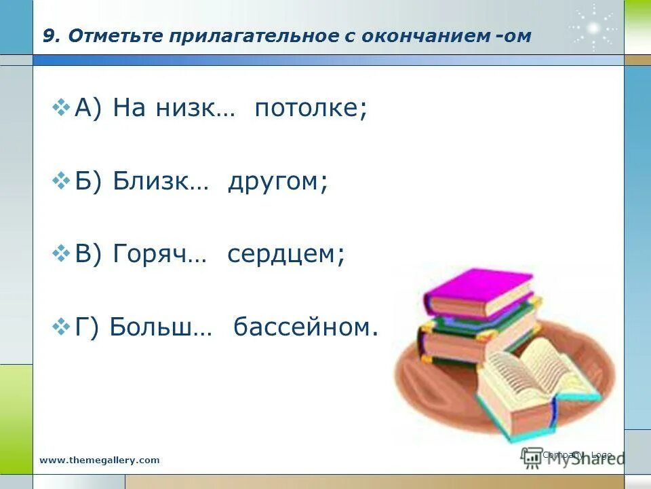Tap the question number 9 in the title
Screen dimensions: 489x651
point(48,37)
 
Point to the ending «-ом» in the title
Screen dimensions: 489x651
point(513,37)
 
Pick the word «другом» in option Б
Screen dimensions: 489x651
point(277,182)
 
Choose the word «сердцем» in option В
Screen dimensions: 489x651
point(285,255)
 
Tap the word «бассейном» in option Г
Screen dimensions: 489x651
point(305,327)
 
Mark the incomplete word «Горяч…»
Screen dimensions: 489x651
point(161,255)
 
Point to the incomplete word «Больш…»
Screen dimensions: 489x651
point(161,327)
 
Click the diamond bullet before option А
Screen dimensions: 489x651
point(62,107)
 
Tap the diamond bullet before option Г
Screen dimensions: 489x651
point(62,326)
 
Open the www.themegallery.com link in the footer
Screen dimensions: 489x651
point(100,460)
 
